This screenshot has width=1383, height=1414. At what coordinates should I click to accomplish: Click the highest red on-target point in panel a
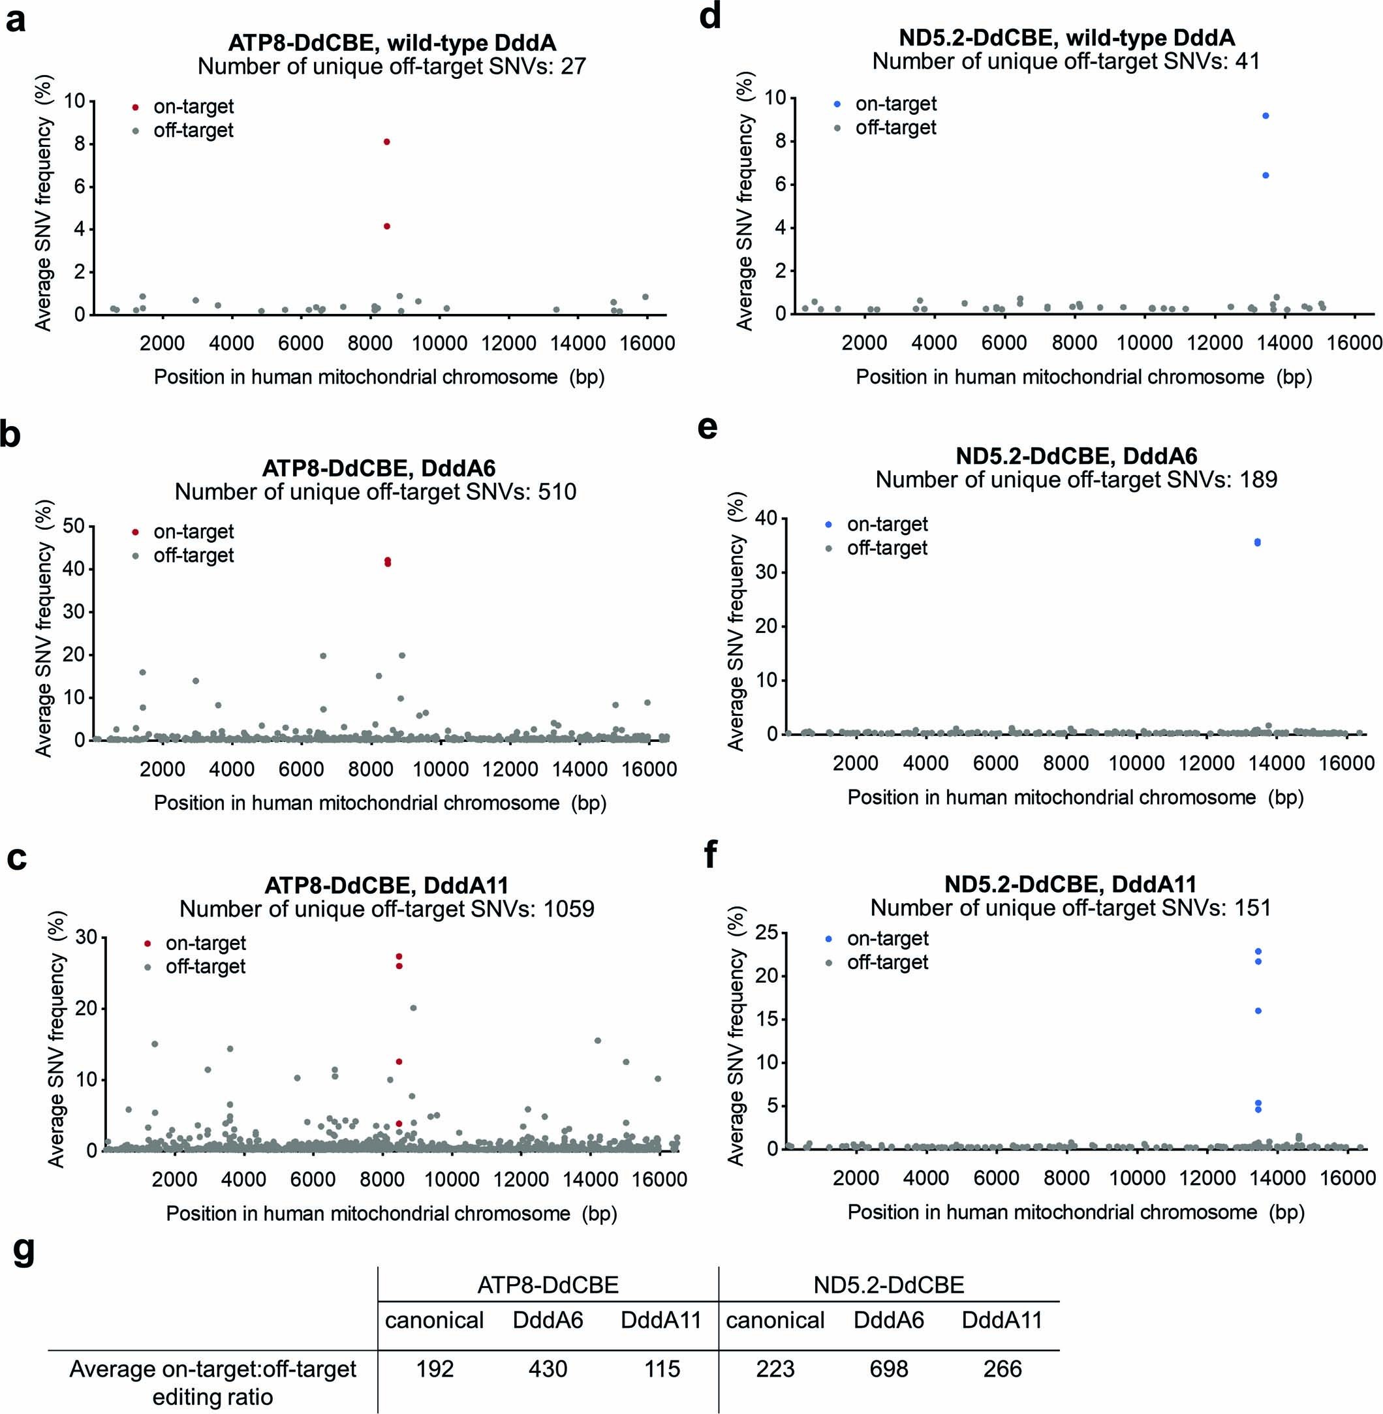[387, 142]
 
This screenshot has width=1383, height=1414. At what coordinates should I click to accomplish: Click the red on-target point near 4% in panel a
[387, 226]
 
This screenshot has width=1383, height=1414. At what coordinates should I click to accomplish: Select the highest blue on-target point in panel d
[1266, 115]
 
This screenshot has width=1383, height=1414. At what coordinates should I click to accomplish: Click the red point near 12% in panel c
[399, 1062]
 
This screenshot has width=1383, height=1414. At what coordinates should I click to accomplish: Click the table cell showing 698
[888, 1369]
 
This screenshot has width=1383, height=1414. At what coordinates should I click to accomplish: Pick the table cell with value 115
[662, 1369]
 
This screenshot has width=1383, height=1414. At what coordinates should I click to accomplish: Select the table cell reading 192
[435, 1369]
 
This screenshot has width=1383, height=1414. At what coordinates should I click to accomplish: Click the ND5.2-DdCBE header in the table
[888, 1285]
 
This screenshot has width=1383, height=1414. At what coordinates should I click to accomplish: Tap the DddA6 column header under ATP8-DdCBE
[548, 1319]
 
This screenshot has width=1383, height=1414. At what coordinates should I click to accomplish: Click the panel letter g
[24, 1251]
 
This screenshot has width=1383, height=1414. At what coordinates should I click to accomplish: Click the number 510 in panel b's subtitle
[556, 491]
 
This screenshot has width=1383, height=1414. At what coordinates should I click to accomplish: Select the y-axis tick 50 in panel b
[74, 526]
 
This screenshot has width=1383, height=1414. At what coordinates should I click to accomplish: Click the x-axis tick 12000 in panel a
[508, 343]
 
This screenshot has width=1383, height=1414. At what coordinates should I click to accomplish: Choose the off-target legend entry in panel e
[886, 547]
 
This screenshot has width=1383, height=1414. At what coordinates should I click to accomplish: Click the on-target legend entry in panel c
[205, 943]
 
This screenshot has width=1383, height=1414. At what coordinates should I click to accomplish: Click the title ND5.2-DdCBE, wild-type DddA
[1066, 38]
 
